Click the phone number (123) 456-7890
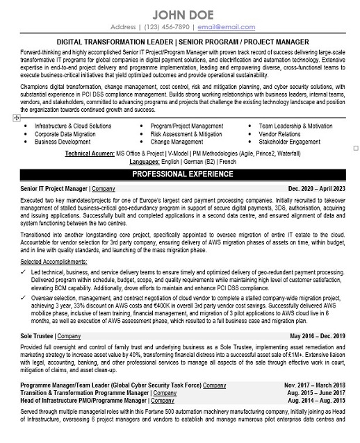(165, 27)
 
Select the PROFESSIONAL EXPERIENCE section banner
(180, 174)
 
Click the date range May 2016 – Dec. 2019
(317, 335)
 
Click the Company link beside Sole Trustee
(69, 335)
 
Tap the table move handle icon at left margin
(16, 119)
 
